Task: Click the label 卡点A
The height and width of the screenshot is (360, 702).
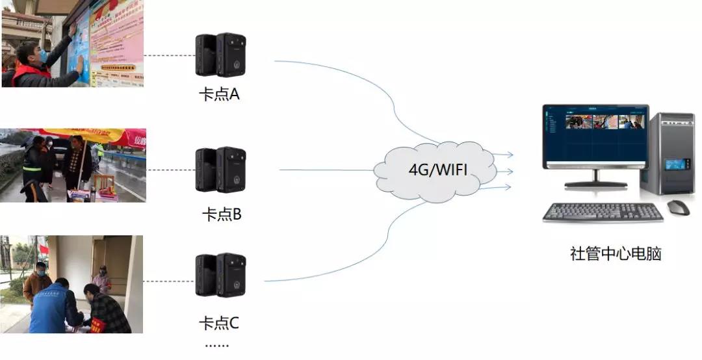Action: click(x=219, y=94)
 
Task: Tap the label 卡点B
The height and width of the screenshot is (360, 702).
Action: click(x=222, y=214)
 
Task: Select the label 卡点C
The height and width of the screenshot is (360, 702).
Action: click(x=219, y=322)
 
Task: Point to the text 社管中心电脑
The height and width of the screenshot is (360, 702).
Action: click(x=615, y=254)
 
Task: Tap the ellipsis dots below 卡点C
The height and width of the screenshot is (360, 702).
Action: click(x=216, y=344)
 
